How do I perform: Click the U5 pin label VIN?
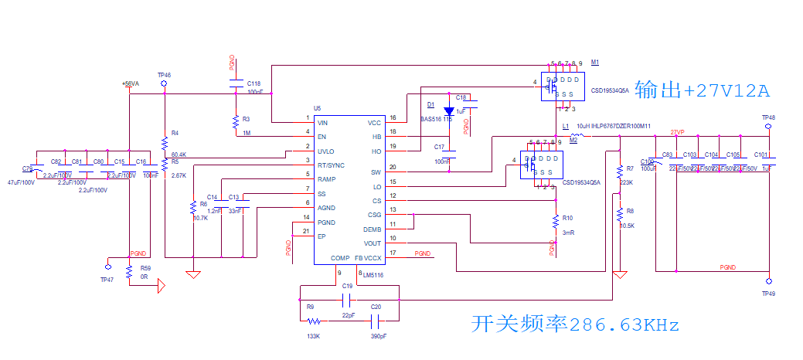click(x=323, y=123)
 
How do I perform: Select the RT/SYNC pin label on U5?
click(x=330, y=165)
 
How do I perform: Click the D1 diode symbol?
click(x=449, y=111)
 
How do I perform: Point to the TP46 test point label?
click(x=164, y=75)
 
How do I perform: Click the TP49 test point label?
click(x=768, y=294)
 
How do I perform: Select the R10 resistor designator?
click(x=567, y=218)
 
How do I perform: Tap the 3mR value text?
click(x=568, y=233)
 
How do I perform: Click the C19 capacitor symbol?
click(x=347, y=297)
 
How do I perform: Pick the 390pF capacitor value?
click(x=378, y=337)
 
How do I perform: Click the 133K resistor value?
click(x=313, y=337)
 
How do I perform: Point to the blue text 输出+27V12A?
click(x=702, y=90)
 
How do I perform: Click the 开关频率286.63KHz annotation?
click(x=575, y=325)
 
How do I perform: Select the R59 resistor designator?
click(x=145, y=268)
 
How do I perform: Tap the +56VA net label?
click(x=130, y=83)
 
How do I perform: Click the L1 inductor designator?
click(x=566, y=125)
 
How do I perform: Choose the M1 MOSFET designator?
click(x=595, y=62)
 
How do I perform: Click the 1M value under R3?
click(x=246, y=134)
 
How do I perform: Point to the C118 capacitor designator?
click(x=253, y=83)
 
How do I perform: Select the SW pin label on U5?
click(x=376, y=172)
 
